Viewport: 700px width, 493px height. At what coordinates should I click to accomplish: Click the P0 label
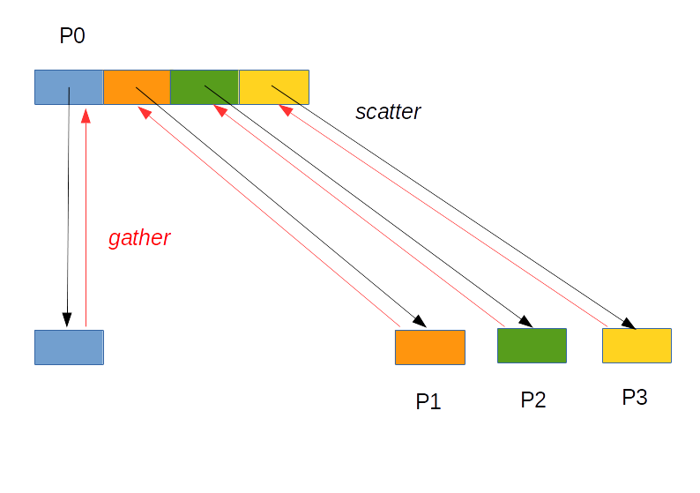pyautogui.click(x=72, y=37)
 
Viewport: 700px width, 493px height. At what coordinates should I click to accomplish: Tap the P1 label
pyautogui.click(x=428, y=401)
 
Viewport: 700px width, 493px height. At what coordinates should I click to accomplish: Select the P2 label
pyautogui.click(x=532, y=400)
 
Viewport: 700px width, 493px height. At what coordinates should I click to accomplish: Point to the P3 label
pyautogui.click(x=635, y=398)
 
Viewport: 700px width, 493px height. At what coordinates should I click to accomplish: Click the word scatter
pyautogui.click(x=388, y=112)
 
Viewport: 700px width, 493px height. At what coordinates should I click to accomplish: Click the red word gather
pyautogui.click(x=139, y=238)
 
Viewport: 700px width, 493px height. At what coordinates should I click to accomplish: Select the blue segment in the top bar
pyautogui.click(x=69, y=86)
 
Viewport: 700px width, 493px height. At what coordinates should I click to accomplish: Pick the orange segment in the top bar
pyautogui.click(x=137, y=86)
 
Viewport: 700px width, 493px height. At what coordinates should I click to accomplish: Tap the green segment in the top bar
pyautogui.click(x=205, y=86)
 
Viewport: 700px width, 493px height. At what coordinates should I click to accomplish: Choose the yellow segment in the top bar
pyautogui.click(x=274, y=86)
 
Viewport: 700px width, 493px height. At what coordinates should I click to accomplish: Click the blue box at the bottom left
pyautogui.click(x=69, y=347)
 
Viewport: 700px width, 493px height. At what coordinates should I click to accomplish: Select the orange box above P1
pyautogui.click(x=429, y=347)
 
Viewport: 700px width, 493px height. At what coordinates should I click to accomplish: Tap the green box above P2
pyautogui.click(x=532, y=345)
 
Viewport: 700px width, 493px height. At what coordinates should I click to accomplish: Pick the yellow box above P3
pyautogui.click(x=637, y=345)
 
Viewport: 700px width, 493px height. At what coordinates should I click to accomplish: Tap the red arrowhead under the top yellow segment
pyautogui.click(x=286, y=110)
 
